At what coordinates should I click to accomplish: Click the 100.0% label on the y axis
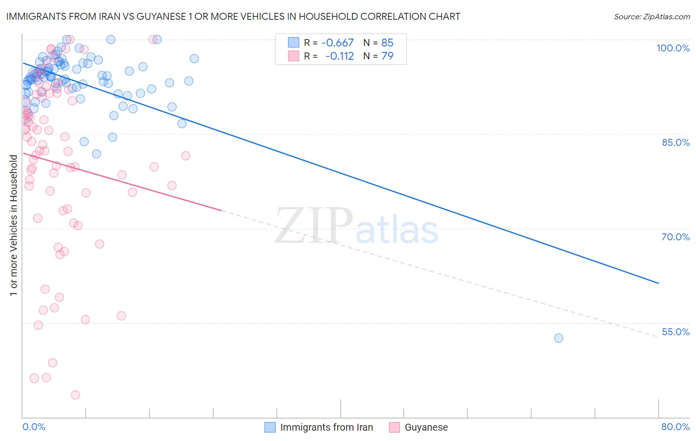click(673, 48)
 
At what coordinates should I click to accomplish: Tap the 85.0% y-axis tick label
click(675, 142)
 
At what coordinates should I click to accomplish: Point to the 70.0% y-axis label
click(675, 237)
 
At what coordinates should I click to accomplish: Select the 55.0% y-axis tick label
click(675, 332)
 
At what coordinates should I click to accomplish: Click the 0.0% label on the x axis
click(34, 427)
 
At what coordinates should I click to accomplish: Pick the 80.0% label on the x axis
click(675, 427)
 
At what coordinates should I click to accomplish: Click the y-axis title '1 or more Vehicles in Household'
click(14, 225)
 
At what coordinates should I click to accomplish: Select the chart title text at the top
click(233, 17)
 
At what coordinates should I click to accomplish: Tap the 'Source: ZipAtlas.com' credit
click(651, 17)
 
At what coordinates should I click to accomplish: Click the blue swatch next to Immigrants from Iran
click(270, 427)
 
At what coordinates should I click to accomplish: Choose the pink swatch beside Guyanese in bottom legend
click(394, 427)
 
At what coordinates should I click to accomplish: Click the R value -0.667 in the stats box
click(337, 43)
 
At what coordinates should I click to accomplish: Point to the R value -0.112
click(339, 56)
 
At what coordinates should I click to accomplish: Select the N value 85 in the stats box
click(387, 43)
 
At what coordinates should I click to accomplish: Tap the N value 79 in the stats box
click(387, 56)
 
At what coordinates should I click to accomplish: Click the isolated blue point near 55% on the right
click(558, 338)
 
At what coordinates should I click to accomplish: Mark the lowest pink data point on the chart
click(75, 395)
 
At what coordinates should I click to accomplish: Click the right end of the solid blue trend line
click(658, 283)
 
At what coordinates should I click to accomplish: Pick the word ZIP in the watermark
click(313, 226)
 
